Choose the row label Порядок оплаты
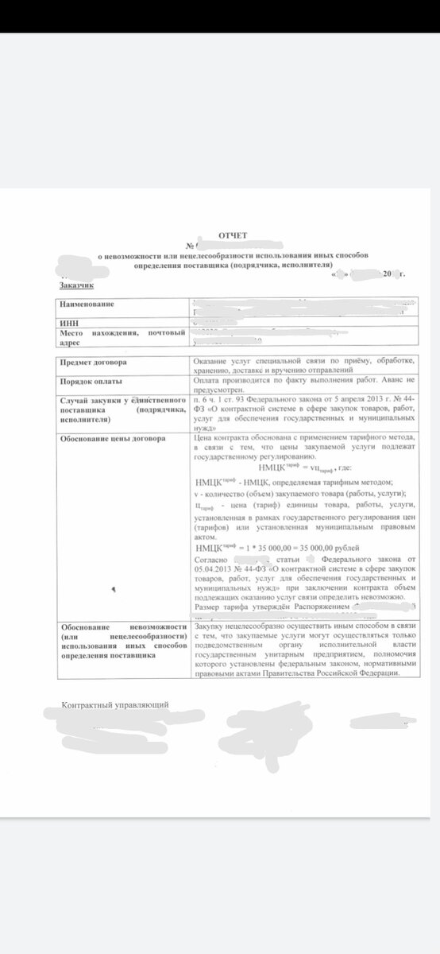click(90, 381)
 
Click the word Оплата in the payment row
click(209, 381)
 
